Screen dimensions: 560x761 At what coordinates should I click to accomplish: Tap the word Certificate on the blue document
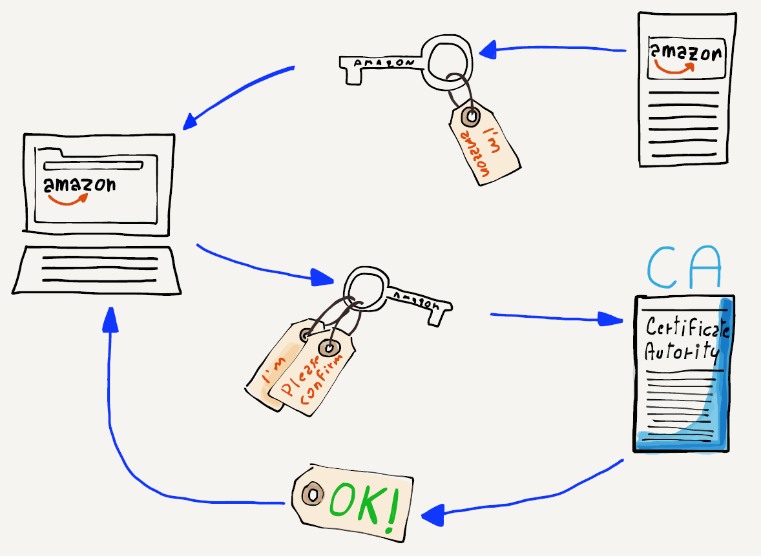coord(687,327)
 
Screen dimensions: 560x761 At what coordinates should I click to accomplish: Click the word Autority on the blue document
coord(681,352)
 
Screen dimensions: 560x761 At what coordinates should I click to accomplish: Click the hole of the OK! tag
coord(313,495)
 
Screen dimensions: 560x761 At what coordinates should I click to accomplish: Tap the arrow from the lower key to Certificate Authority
coord(556,317)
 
